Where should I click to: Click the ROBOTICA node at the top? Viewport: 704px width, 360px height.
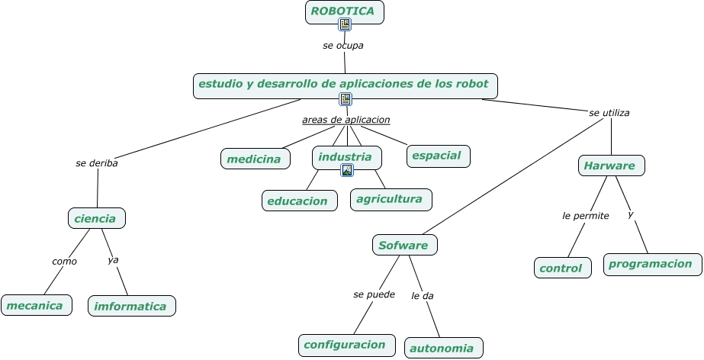344,12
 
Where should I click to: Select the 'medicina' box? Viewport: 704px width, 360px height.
255,159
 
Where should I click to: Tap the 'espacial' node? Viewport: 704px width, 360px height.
439,156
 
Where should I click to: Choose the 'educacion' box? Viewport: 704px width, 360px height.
300,201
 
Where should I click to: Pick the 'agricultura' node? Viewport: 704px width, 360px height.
391,199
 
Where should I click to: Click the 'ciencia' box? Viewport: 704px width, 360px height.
97,218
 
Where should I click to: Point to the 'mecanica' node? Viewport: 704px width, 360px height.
37,305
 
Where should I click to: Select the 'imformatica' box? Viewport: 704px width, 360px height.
131,306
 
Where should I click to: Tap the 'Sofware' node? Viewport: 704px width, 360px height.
404,245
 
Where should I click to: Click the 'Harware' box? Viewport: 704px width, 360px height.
612,166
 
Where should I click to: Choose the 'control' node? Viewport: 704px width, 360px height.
563,268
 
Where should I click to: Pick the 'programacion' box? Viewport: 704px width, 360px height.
652,265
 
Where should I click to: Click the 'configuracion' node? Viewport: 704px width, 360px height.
346,346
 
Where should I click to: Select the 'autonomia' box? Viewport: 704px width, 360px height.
444,348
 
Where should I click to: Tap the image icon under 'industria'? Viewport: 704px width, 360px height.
346,170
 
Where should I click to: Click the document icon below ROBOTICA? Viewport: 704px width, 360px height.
345,24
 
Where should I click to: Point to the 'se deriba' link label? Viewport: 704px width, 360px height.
97,163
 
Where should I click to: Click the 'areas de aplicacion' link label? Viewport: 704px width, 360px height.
346,120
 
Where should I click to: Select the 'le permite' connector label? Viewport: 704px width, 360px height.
586,216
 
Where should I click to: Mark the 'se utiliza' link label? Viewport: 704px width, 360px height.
609,113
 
